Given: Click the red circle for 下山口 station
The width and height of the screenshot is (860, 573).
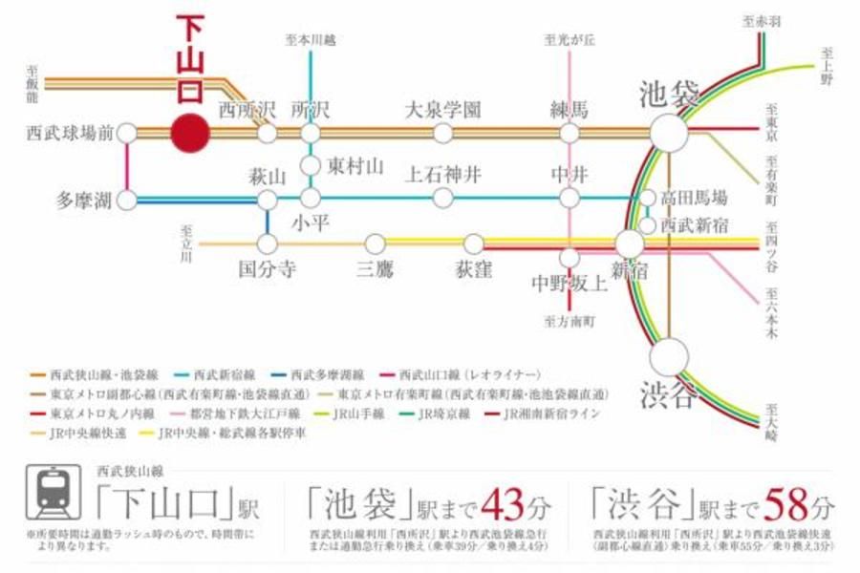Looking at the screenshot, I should pyautogui.click(x=189, y=133).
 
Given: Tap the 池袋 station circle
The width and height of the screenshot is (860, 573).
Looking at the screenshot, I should pyautogui.click(x=669, y=133).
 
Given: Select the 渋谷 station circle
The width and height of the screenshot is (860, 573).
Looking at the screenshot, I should pyautogui.click(x=669, y=357).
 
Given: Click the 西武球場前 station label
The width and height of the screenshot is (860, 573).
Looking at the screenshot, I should pyautogui.click(x=67, y=133).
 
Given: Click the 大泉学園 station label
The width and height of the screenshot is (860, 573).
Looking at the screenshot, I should pyautogui.click(x=442, y=110).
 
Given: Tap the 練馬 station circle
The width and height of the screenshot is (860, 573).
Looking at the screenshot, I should pyautogui.click(x=570, y=133).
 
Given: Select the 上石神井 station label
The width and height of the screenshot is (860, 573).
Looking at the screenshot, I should pyautogui.click(x=442, y=175).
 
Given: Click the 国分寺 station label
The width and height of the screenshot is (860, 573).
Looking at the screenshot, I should pyautogui.click(x=268, y=269).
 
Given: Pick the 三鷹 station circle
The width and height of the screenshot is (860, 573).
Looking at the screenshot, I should pyautogui.click(x=375, y=244).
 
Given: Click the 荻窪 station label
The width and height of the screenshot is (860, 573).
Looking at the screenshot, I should pyautogui.click(x=473, y=269).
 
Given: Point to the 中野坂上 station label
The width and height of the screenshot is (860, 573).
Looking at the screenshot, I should pyautogui.click(x=570, y=283).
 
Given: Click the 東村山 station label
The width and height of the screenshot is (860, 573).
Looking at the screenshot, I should pyautogui.click(x=355, y=166).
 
